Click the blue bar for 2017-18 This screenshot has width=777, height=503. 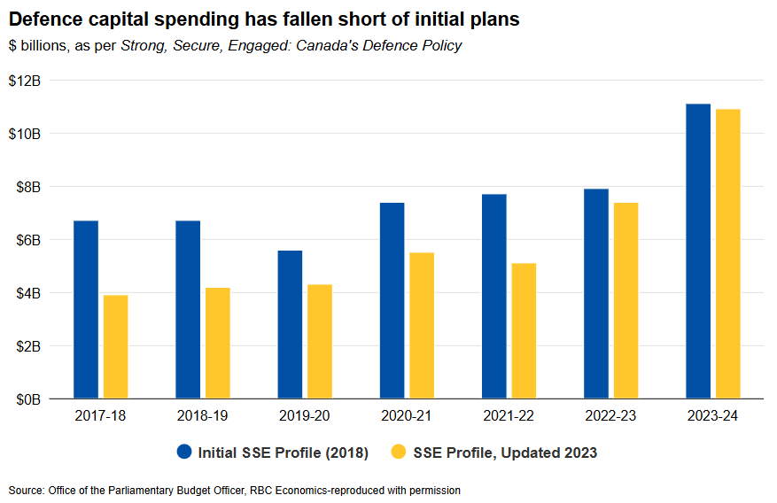(x=86, y=309)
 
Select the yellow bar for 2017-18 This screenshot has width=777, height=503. (x=115, y=346)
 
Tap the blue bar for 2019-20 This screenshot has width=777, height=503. (x=290, y=324)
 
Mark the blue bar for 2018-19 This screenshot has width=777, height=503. (x=188, y=309)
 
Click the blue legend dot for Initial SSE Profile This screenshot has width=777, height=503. (x=184, y=453)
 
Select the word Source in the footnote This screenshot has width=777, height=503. (x=26, y=490)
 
